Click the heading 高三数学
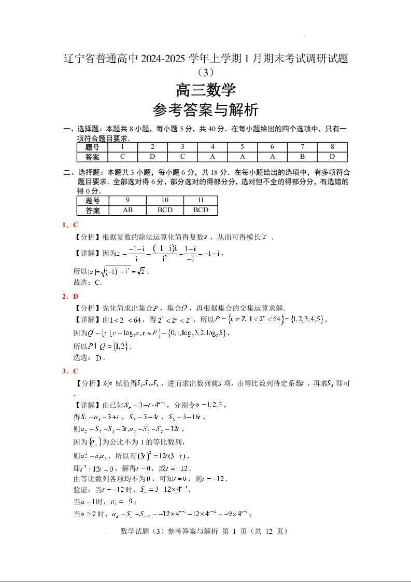[206, 90]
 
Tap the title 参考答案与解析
[206, 110]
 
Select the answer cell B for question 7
[302, 157]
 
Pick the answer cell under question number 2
[152, 157]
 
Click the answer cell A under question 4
[212, 157]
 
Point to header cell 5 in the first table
[242, 147]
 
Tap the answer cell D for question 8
[332, 157]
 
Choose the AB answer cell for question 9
[127, 210]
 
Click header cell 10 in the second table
[164, 200]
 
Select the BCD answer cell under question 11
[201, 210]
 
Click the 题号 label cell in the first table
[92, 147]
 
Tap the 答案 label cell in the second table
[92, 210]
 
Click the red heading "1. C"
[70, 225]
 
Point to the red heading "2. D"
[70, 296]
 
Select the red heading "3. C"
[70, 371]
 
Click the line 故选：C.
[89, 283]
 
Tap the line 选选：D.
[90, 357]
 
